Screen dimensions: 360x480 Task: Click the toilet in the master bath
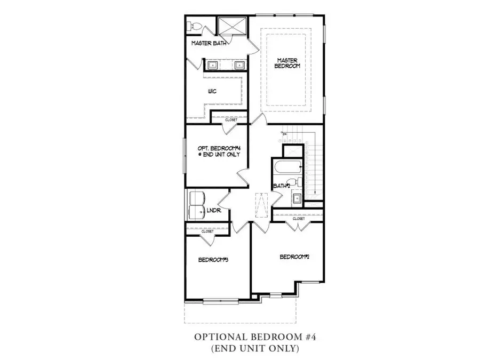193,26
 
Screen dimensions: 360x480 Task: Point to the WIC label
212,91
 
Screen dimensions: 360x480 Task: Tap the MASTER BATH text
209,43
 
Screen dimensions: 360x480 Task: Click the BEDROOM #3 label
213,260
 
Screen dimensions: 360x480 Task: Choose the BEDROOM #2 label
295,257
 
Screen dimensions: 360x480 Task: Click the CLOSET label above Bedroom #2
298,219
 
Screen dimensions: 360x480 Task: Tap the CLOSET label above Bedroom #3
207,231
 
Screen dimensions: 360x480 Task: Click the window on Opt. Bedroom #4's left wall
185,155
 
